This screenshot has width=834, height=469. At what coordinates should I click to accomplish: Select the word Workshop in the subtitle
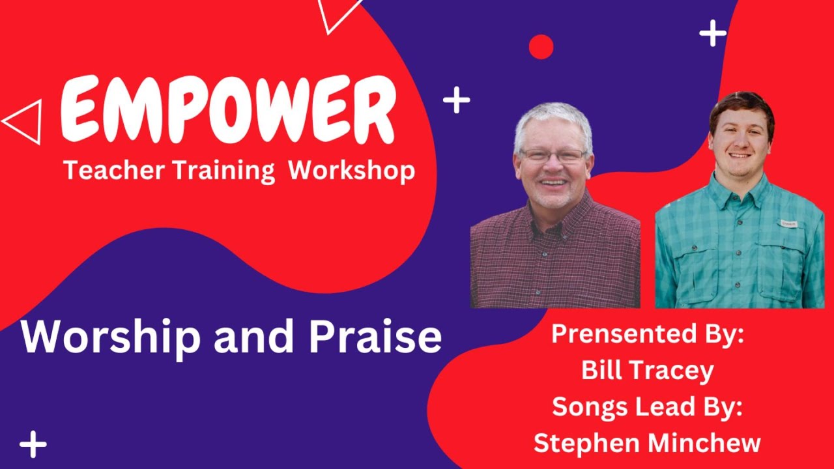(351, 171)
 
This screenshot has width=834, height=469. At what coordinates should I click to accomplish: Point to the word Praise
(375, 337)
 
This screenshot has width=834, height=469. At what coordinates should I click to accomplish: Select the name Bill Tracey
(647, 371)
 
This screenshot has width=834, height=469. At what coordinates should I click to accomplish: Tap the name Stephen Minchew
(647, 443)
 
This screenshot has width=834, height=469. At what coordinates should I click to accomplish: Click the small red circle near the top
(541, 47)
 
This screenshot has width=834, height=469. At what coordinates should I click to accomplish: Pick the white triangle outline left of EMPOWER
(25, 121)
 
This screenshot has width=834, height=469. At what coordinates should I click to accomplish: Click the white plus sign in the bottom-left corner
(33, 445)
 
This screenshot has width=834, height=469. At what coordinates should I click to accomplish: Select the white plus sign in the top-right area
(713, 33)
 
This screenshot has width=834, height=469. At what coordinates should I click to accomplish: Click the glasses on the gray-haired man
(553, 156)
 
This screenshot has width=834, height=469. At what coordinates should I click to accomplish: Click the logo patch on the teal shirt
(788, 223)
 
